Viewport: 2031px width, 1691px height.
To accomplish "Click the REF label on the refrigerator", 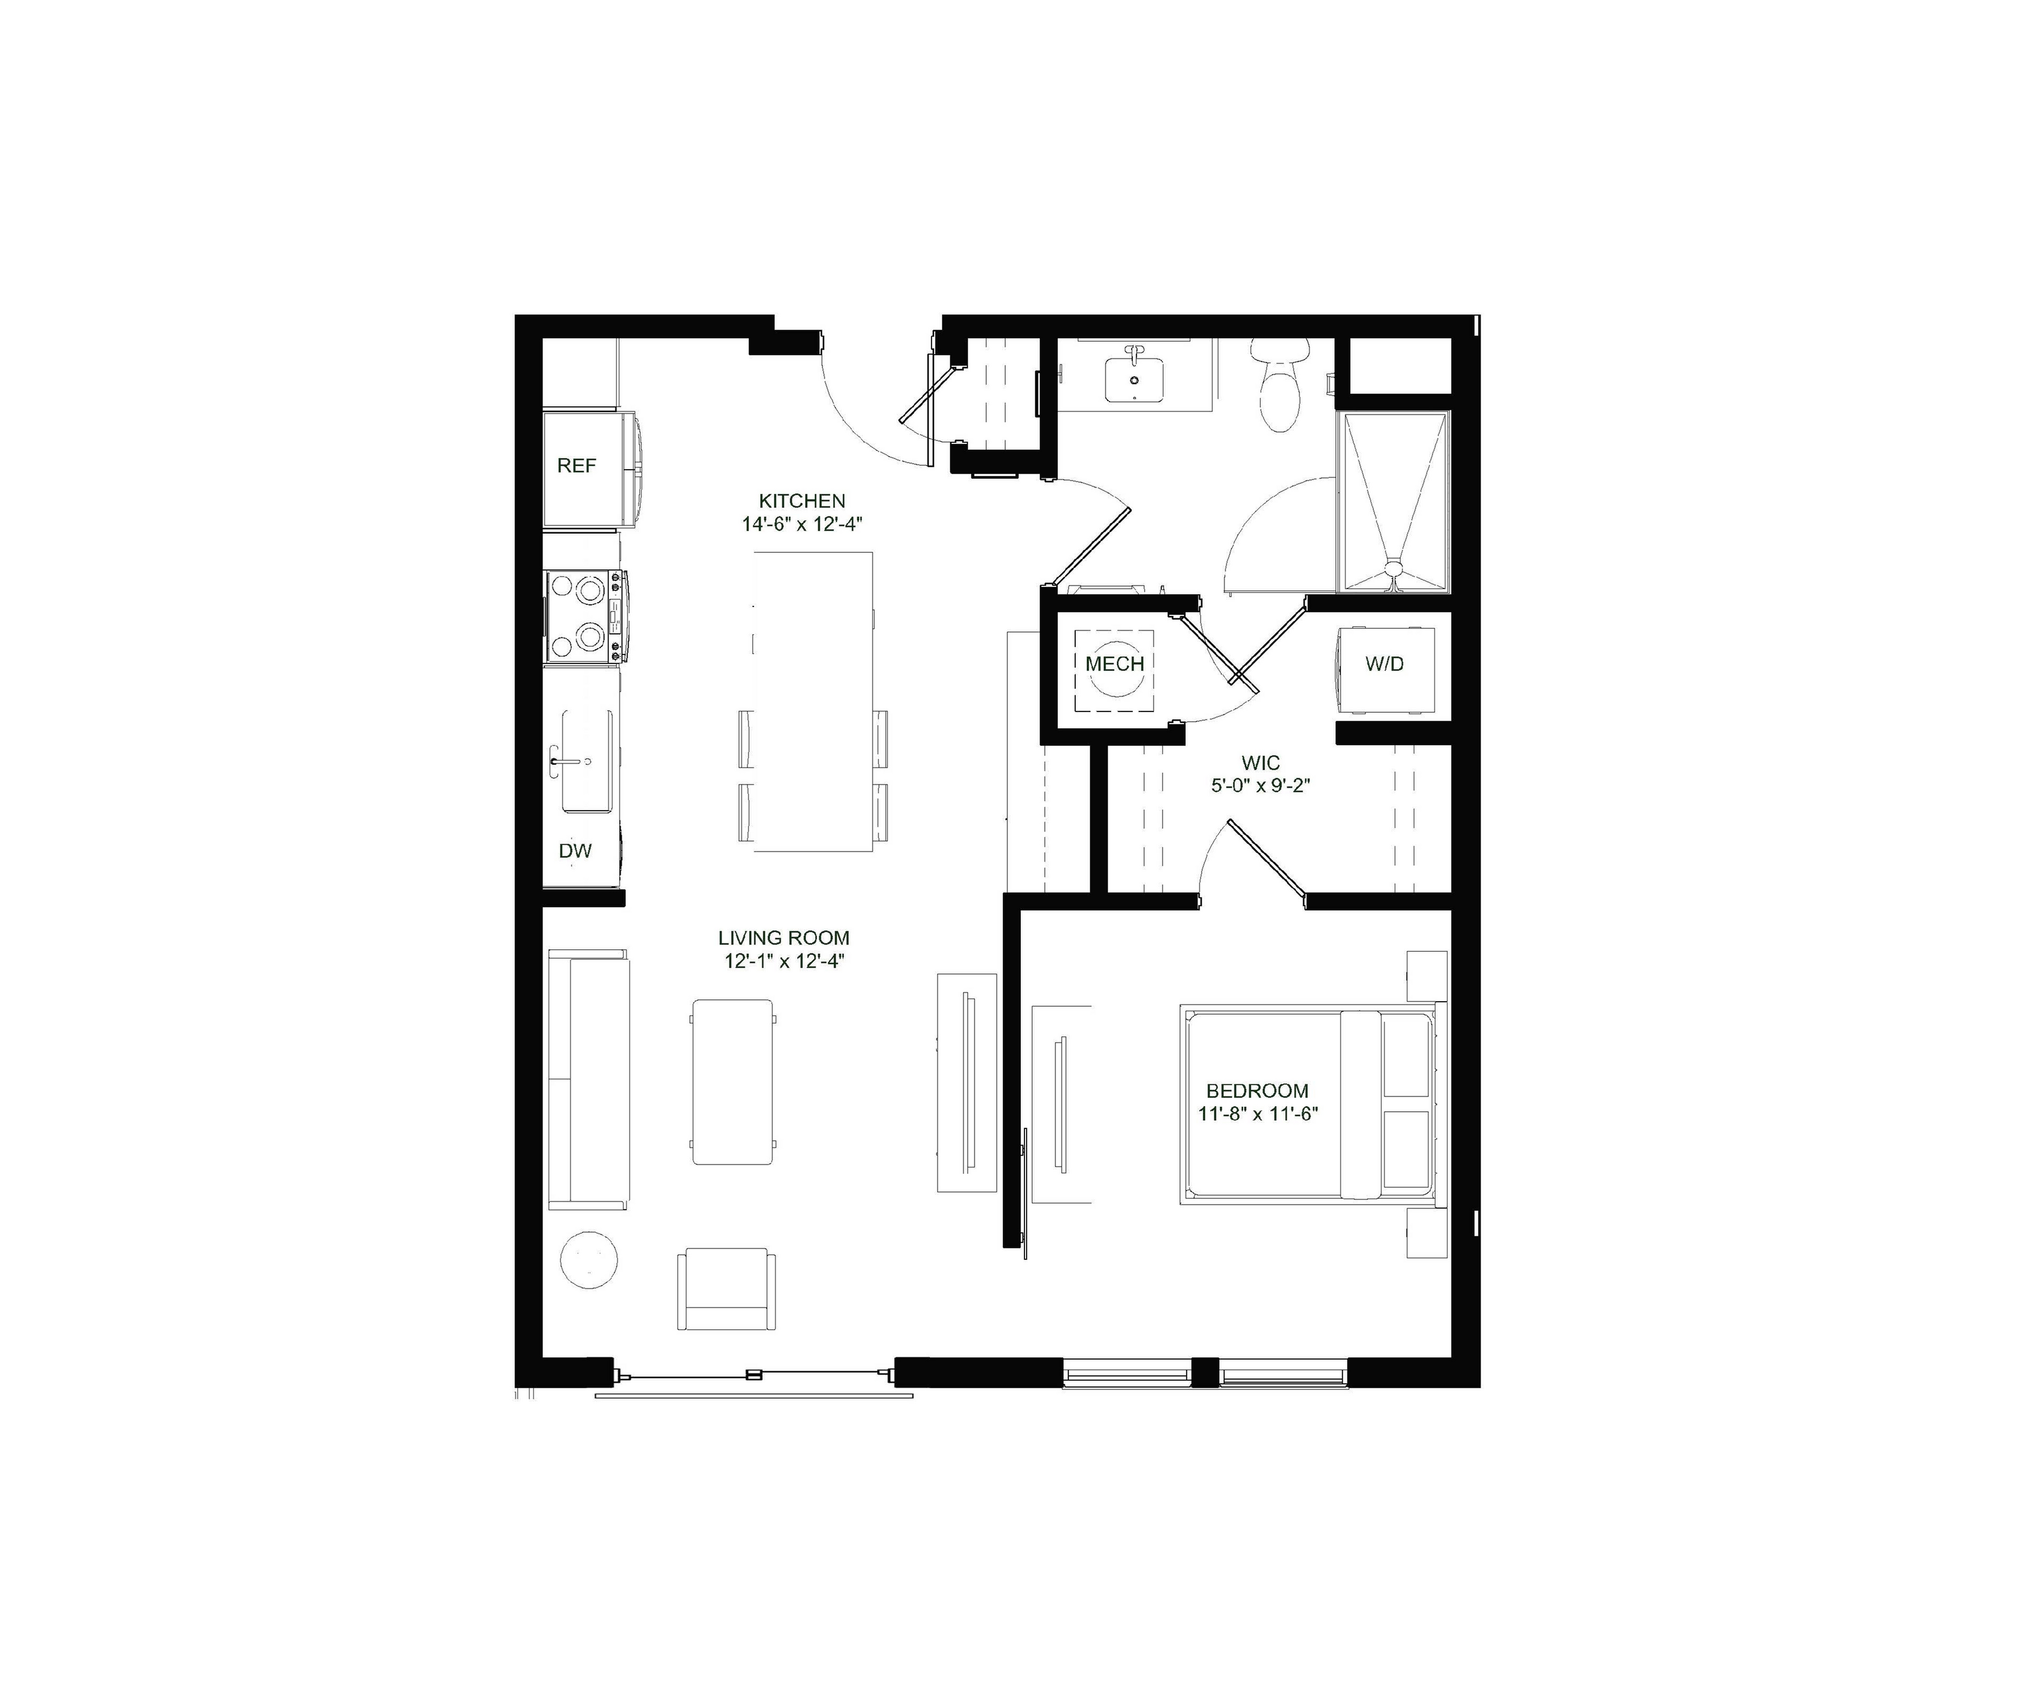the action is (577, 466).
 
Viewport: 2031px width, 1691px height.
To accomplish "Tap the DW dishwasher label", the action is (576, 851).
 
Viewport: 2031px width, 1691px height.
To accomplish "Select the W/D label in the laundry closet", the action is (1384, 664).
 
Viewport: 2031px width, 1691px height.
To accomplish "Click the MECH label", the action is (1114, 664).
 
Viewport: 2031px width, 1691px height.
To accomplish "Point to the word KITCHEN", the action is (802, 501).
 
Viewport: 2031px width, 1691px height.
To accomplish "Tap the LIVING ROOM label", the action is (783, 938).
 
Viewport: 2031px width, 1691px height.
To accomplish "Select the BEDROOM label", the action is (1257, 1090).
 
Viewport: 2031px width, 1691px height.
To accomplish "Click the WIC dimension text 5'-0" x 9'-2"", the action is (1260, 786).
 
